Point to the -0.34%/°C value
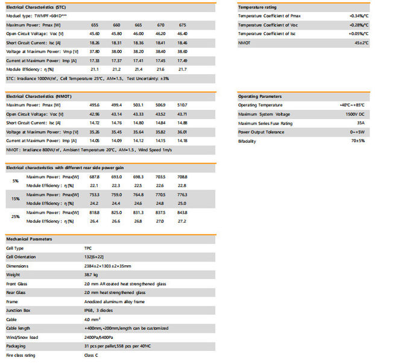click(359, 15)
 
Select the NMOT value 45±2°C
click(361, 43)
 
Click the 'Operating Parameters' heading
click(259, 96)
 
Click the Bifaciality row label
click(247, 141)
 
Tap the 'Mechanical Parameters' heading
click(29, 239)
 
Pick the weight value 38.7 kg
click(90, 275)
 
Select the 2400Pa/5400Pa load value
click(100, 337)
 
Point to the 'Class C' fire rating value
click(91, 355)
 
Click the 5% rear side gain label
click(16, 181)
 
